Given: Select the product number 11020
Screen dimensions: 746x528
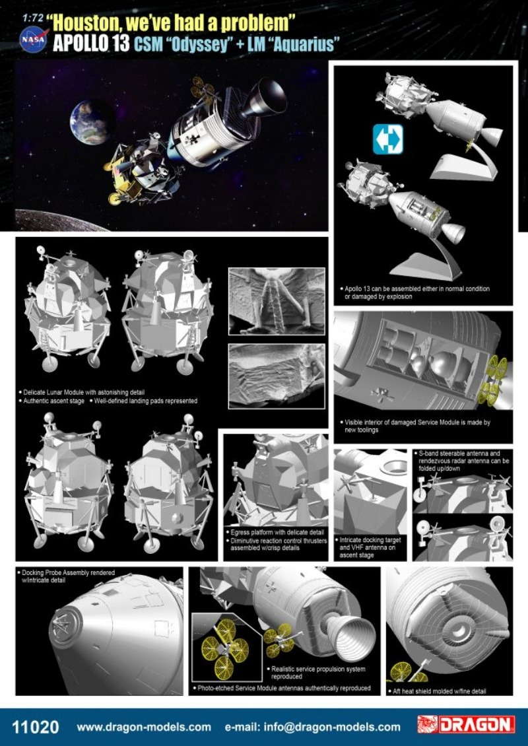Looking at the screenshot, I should click(x=36, y=727).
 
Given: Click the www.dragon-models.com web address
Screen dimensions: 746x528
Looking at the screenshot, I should click(x=144, y=727).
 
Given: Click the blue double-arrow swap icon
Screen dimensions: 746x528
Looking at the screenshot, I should click(x=387, y=141).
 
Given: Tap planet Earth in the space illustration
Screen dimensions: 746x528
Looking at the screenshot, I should click(x=91, y=122).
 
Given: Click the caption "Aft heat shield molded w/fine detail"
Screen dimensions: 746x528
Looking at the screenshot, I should click(x=449, y=691).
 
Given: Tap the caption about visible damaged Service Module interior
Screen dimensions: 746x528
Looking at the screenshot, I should click(x=416, y=425).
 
